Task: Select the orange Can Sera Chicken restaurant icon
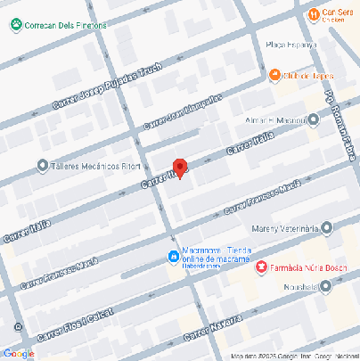coord(314,14)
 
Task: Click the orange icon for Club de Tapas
coord(275,75)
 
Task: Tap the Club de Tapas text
coord(304,76)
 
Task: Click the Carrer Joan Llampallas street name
coord(182,111)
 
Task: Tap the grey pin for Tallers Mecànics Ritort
coord(42,165)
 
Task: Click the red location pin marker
coord(179,168)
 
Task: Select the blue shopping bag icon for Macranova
coord(173,256)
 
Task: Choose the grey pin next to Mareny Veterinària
coord(326,228)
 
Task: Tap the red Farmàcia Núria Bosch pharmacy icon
coord(261,267)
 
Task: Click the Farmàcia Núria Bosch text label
coord(305,267)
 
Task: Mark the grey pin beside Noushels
coord(326,286)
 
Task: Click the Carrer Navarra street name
coord(214,330)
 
